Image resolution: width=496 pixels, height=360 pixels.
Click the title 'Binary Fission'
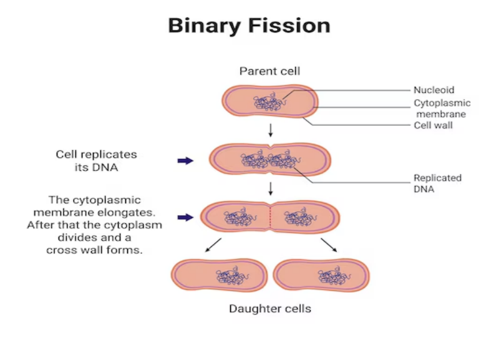click(x=248, y=26)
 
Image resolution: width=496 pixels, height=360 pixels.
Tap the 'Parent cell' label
click(x=270, y=72)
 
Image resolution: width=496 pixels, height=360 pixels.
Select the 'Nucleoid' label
click(x=434, y=90)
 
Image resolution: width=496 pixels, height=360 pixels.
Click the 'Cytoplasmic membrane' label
click(x=442, y=109)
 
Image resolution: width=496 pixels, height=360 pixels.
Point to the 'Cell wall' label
click(x=433, y=125)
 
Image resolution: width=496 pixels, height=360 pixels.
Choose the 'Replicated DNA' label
click(x=437, y=183)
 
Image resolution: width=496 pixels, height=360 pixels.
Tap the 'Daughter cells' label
click(x=270, y=308)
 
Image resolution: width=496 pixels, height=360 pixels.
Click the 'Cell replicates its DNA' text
click(x=96, y=161)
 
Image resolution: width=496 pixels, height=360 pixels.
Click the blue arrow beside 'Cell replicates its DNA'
click(x=185, y=161)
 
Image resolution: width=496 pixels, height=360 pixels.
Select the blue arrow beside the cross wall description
click(x=185, y=217)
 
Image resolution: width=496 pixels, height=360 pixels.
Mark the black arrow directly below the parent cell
click(x=270, y=130)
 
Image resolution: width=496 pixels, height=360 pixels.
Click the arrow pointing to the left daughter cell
click(x=213, y=245)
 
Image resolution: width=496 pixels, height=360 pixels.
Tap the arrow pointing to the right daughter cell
click(x=329, y=245)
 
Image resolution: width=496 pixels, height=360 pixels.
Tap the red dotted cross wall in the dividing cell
click(x=270, y=217)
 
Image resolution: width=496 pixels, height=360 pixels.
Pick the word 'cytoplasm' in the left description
click(x=136, y=225)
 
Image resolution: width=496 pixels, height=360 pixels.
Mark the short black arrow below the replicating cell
click(x=270, y=188)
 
